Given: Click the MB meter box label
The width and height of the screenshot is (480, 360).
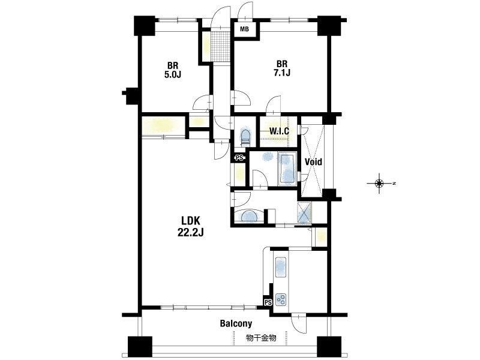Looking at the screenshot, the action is click(244, 29).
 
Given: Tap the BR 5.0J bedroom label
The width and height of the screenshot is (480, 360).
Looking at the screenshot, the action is click(173, 70).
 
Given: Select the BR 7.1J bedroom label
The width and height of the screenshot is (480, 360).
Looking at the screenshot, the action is click(281, 68).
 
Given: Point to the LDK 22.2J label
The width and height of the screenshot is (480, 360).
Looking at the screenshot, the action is click(190, 226).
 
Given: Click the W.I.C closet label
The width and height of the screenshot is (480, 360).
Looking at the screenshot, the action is click(279, 131).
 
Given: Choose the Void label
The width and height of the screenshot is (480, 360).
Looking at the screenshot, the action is click(313, 161).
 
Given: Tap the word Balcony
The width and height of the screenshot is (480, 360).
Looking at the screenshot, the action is click(236, 323).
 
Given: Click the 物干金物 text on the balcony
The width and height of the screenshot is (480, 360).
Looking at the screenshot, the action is click(261, 338).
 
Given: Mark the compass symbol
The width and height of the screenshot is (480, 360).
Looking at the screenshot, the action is click(380, 184).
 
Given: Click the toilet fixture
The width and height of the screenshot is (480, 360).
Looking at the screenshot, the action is click(245, 137).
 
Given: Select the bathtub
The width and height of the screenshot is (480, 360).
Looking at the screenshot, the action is click(287, 170).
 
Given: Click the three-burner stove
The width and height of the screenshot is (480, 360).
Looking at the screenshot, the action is click(281, 299).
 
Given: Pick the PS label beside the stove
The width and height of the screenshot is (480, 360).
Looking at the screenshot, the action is click(268, 303).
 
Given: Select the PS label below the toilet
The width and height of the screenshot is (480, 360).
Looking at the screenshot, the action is click(239, 158).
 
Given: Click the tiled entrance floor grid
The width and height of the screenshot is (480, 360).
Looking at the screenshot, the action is click(220, 46).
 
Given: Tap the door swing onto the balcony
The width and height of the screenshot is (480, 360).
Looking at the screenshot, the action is click(298, 324).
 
